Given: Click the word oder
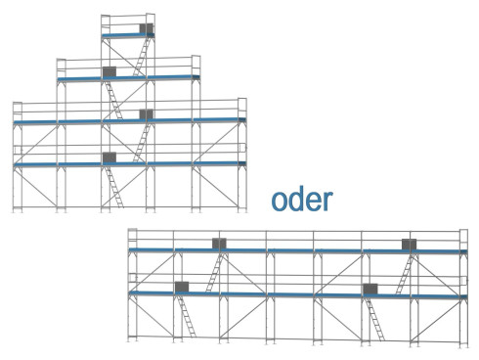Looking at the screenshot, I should tap(302, 200).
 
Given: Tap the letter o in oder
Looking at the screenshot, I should tap(282, 202).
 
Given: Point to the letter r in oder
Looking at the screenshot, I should tap(327, 202).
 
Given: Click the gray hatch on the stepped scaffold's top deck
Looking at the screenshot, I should tap(146, 29).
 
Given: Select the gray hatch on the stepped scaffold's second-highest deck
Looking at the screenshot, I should tap(109, 71).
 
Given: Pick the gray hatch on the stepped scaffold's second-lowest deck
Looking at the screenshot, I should tap(146, 114).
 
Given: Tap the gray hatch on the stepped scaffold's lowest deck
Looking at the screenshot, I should tap(109, 157).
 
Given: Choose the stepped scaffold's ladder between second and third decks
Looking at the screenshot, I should tap(113, 99).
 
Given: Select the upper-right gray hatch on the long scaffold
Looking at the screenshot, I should tap(409, 244).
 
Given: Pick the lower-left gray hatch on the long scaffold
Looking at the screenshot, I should tap(182, 287).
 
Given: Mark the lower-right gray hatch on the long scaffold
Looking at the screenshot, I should tap(370, 287).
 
